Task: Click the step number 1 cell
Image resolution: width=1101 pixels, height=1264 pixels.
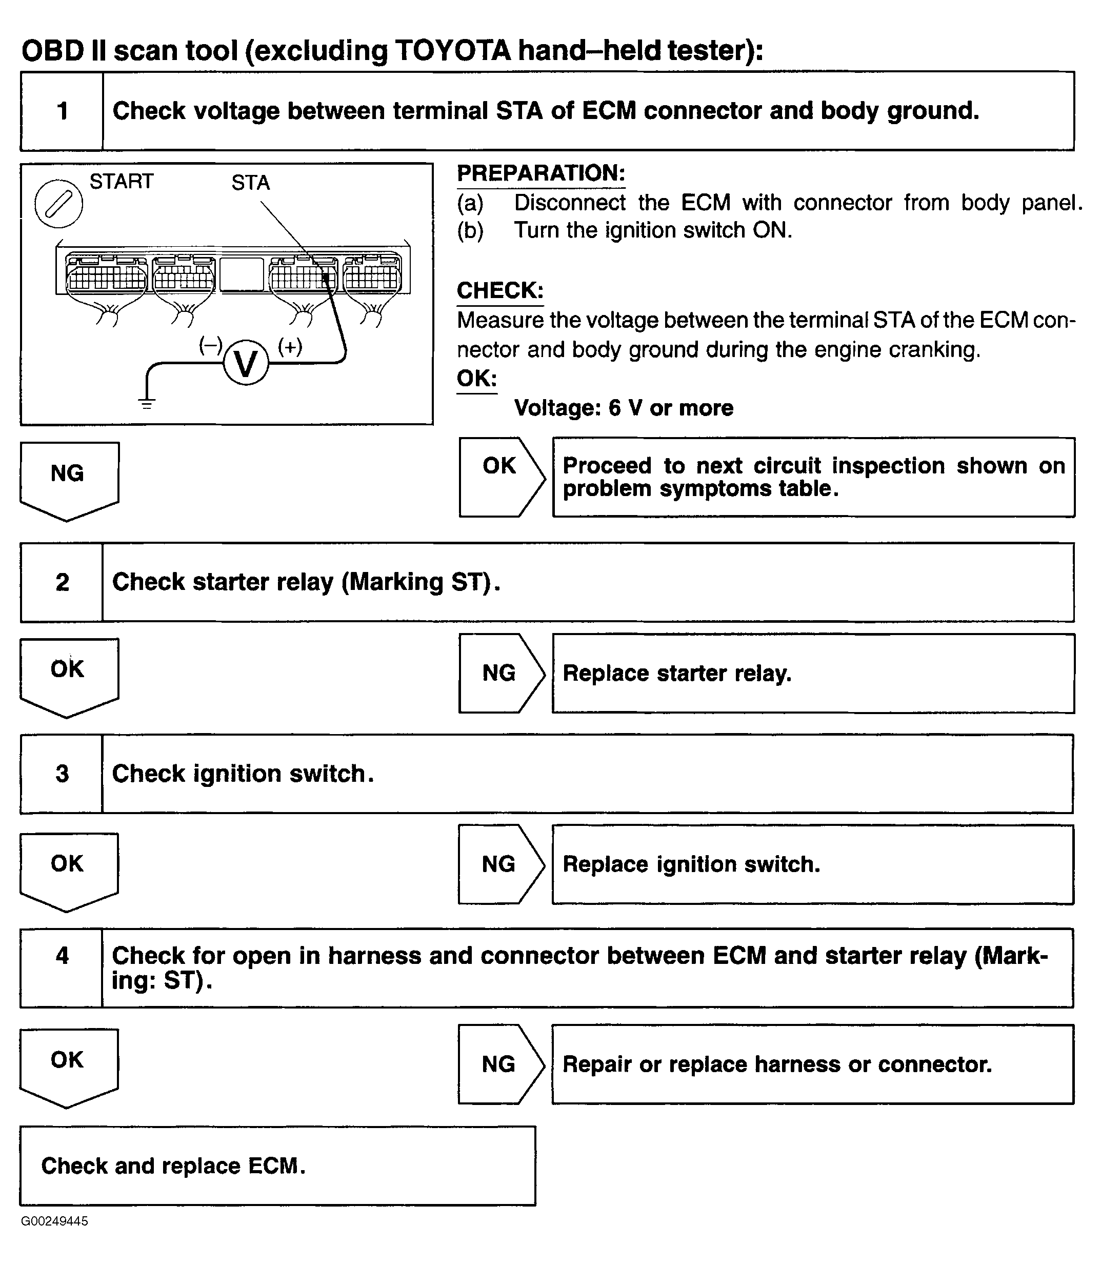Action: click(62, 111)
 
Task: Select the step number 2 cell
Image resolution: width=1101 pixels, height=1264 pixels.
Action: click(62, 582)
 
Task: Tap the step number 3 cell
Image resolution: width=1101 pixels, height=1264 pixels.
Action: click(62, 774)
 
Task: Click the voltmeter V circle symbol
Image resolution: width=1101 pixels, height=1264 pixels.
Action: click(246, 364)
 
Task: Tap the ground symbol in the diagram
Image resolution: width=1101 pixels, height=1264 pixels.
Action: click(146, 403)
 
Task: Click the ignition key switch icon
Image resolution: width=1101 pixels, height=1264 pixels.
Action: click(58, 204)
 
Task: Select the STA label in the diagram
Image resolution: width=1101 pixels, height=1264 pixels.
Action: click(250, 183)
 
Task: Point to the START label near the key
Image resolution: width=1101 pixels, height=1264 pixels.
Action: click(121, 181)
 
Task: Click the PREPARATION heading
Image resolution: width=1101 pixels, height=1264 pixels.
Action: click(541, 173)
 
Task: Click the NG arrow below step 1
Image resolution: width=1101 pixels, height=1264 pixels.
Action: click(69, 479)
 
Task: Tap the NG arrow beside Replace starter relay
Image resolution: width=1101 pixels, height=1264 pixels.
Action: click(501, 674)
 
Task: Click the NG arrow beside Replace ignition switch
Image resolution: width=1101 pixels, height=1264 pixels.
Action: click(500, 864)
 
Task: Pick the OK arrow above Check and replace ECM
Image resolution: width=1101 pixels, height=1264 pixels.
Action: click(68, 1066)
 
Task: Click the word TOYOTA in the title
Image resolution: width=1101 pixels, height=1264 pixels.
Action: click(452, 50)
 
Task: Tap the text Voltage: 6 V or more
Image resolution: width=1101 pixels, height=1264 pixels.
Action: click(624, 408)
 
